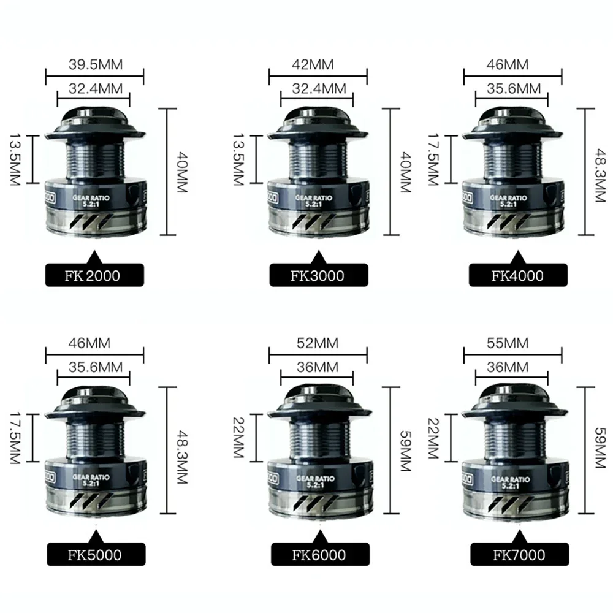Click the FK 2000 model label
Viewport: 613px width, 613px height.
tap(94, 275)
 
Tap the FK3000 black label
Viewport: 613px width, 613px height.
tap(318, 275)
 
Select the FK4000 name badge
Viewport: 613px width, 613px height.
tap(517, 275)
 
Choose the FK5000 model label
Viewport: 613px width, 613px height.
tap(94, 556)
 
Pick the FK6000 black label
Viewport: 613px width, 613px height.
tap(318, 556)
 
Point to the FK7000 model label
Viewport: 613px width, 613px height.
tap(517, 556)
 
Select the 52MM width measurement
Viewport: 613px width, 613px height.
tap(318, 344)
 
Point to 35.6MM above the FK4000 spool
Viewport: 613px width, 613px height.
tap(511, 88)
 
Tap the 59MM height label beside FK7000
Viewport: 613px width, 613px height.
tap(598, 451)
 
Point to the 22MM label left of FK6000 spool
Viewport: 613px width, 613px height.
tap(241, 437)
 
